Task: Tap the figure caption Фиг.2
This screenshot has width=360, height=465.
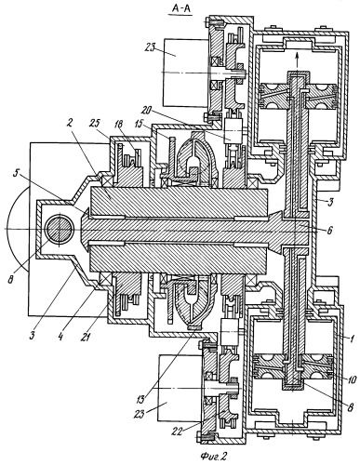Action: pos(214,455)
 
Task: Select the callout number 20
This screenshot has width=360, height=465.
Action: pos(149,111)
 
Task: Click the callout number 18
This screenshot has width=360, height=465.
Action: pos(120,125)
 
